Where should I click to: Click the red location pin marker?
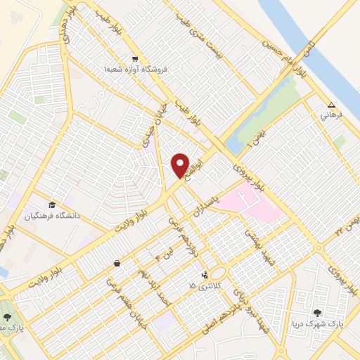[181, 165]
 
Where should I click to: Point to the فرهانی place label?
[331, 114]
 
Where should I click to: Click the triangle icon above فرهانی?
[332, 103]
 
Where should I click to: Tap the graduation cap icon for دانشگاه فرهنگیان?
[53, 205]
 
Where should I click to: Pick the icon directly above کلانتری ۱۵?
[204, 275]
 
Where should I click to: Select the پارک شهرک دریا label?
[319, 325]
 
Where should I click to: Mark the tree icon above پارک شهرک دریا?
[319, 314]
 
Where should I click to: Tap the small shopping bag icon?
[116, 264]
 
